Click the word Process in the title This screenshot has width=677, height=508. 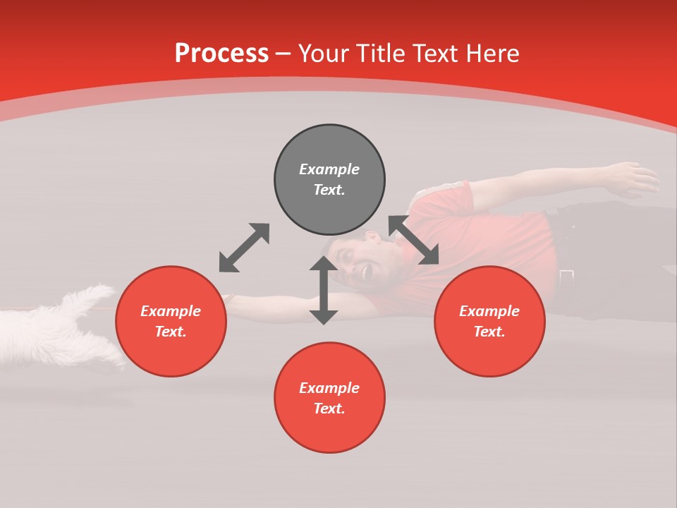tap(221, 54)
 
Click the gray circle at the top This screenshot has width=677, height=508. tap(329, 179)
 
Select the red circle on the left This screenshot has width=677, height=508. tap(171, 321)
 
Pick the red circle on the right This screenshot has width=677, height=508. tap(489, 321)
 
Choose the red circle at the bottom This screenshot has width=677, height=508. tap(329, 397)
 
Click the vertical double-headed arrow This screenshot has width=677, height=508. tap(324, 290)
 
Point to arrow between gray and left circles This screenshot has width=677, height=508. tap(244, 248)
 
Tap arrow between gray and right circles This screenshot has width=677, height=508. tap(414, 240)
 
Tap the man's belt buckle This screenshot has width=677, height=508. tap(566, 276)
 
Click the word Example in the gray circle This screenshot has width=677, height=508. tap(329, 169)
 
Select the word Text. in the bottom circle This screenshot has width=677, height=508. tap(329, 409)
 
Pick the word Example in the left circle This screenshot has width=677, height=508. tap(171, 311)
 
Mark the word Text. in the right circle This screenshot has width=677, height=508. tap(489, 332)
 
